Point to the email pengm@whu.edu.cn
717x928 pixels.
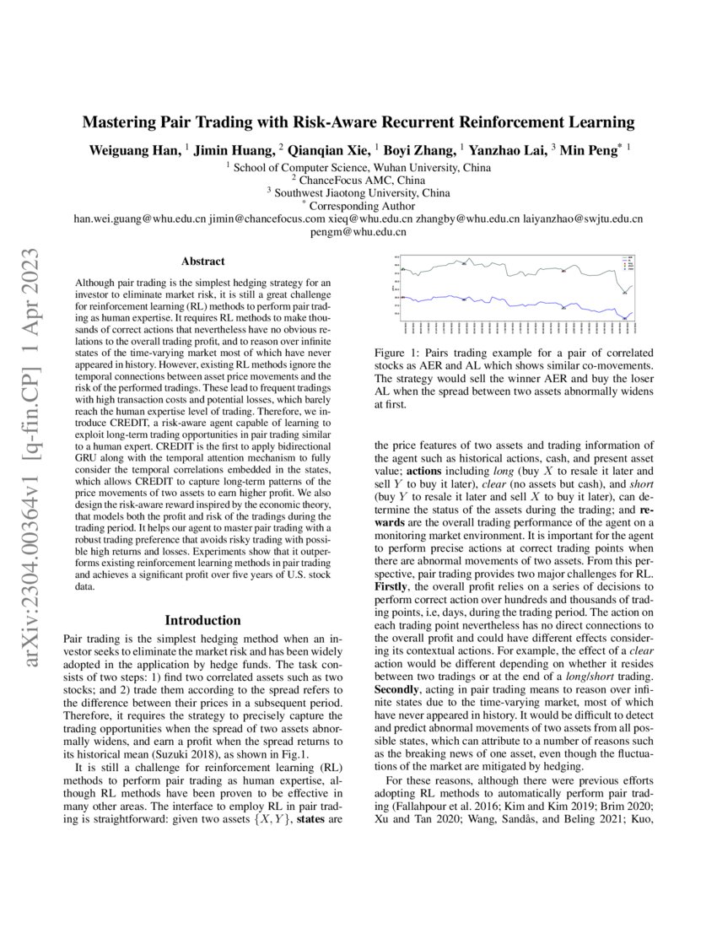pos(358,231)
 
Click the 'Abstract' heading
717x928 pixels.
pos(202,262)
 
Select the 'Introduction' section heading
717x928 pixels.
pos(202,619)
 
